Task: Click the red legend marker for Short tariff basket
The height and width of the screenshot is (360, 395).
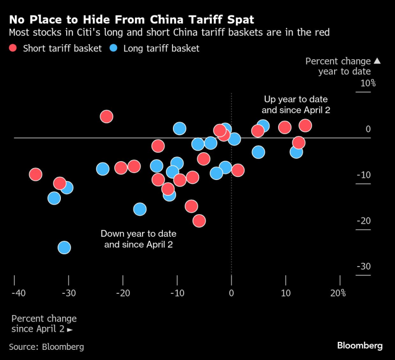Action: pyautogui.click(x=13, y=49)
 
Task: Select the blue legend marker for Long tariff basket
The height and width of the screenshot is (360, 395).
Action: pyautogui.click(x=114, y=49)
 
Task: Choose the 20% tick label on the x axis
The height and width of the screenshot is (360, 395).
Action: pyautogui.click(x=338, y=293)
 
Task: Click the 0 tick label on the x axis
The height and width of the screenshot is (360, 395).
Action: pyautogui.click(x=231, y=293)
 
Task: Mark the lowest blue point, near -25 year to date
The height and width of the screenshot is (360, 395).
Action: pyautogui.click(x=64, y=247)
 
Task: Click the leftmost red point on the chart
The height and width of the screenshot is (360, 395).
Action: pyautogui.click(x=36, y=175)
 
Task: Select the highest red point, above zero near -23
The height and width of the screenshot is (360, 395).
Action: pyautogui.click(x=106, y=116)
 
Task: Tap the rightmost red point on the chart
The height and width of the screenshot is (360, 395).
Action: pyautogui.click(x=305, y=126)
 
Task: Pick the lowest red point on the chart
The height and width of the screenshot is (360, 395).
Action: pyautogui.click(x=200, y=221)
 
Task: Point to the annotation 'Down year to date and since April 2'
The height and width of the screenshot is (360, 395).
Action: pyautogui.click(x=139, y=239)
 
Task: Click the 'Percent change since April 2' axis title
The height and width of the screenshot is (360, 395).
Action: pyautogui.click(x=44, y=324)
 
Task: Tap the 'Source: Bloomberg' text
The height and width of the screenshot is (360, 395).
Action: pyautogui.click(x=46, y=347)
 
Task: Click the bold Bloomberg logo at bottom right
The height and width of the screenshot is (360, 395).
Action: pyautogui.click(x=360, y=346)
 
